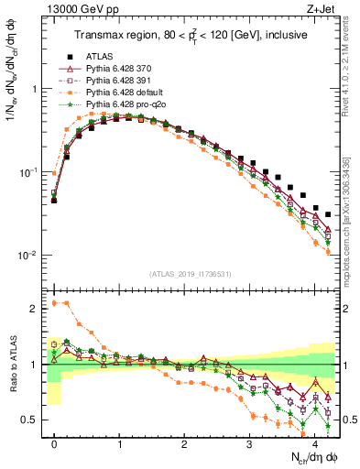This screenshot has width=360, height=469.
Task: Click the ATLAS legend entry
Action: (101, 54)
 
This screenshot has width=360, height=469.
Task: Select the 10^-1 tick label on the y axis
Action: (27, 172)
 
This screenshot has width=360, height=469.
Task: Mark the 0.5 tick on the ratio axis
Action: (29, 420)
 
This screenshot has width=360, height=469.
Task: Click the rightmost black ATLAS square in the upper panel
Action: (328, 214)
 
